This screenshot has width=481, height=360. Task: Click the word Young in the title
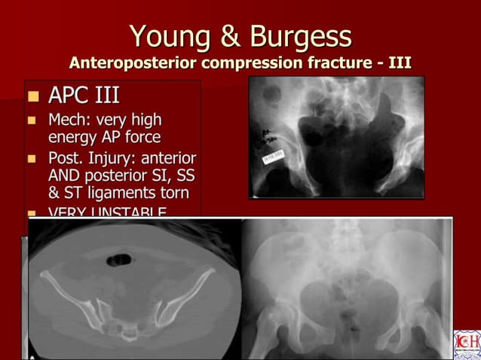tap(164, 36)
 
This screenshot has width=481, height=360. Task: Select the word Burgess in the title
tap(301, 36)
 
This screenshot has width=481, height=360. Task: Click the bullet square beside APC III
tap(32, 97)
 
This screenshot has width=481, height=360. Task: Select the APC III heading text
tap(84, 96)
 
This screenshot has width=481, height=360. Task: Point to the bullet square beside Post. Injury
tap(32, 160)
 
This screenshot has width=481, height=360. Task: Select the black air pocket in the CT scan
tap(118, 260)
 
